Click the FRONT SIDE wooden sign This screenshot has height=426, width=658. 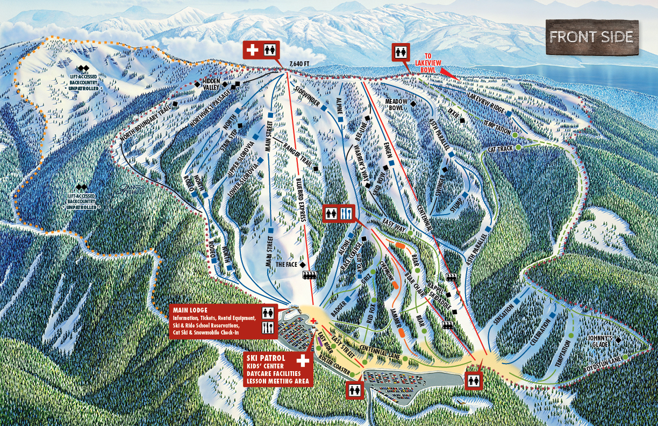[x=592, y=37]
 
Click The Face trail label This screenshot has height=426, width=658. [x=287, y=265]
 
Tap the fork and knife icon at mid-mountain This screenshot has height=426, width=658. [x=347, y=213]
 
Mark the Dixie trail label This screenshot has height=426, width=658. [x=453, y=111]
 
